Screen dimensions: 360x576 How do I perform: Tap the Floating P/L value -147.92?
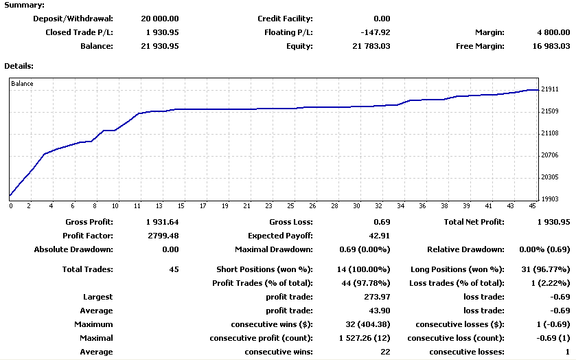coord(375,32)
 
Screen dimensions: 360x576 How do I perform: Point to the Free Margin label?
coord(480,46)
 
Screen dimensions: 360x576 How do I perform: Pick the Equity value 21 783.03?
coord(371,46)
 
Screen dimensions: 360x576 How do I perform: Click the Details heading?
coord(19,66)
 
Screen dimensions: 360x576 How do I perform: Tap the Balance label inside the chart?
coord(22,84)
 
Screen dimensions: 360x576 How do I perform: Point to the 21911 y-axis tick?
coord(551,89)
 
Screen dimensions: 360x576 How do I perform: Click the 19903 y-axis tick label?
coord(551,199)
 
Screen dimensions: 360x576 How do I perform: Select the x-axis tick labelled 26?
coord(312,205)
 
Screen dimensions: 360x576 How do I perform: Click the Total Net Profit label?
coord(474,222)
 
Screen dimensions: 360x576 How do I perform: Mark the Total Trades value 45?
coord(174,269)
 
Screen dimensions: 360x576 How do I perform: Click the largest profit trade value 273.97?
coord(377,297)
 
